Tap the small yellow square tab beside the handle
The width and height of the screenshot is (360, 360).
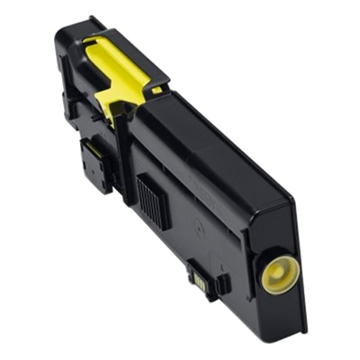[x=157, y=89]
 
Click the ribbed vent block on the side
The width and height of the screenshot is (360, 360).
[x=152, y=199]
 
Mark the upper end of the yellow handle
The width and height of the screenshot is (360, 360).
[x=94, y=40]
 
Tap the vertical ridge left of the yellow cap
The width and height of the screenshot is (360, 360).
[x=256, y=270]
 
